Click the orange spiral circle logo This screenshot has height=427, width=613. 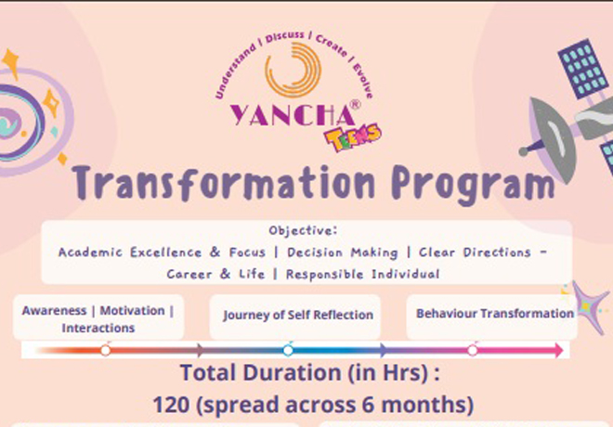tap(293, 70)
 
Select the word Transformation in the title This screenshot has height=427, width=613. tap(223, 183)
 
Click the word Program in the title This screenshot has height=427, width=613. tap(473, 184)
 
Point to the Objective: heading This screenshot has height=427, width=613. tap(303, 230)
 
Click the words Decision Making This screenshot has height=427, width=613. tap(343, 252)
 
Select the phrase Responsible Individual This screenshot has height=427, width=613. tap(363, 274)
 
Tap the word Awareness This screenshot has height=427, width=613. tap(54, 311)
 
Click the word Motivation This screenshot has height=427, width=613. tap(132, 311)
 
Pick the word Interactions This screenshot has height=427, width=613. tap(98, 328)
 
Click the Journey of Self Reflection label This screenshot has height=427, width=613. tap(298, 315)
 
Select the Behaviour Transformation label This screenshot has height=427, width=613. tap(495, 314)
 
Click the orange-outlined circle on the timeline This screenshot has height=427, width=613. tap(105, 351)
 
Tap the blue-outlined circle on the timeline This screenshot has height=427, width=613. tap(288, 351)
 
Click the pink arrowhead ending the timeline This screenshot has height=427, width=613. tap(558, 350)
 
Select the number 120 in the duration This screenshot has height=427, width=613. tap(171, 405)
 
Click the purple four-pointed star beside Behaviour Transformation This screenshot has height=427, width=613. tap(590, 307)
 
